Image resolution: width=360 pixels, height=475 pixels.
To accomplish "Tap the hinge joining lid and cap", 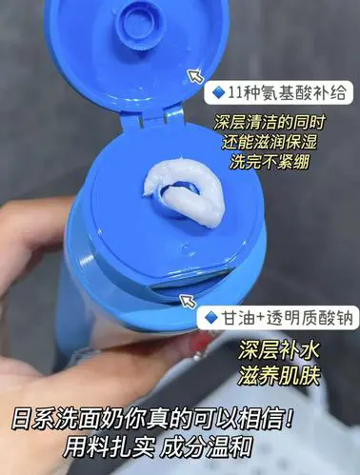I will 152,119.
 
